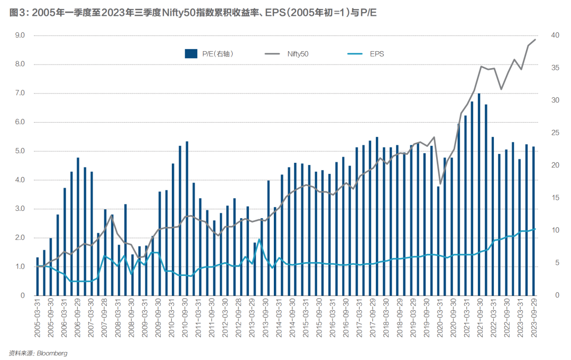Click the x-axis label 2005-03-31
[x=38, y=316]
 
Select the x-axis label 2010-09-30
[x=187, y=316]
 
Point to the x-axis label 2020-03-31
[x=438, y=316]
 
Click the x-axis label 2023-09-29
[x=533, y=316]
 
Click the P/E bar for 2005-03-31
[x=38, y=276]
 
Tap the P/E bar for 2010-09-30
[x=187, y=218]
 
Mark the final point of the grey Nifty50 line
[x=535, y=40]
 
